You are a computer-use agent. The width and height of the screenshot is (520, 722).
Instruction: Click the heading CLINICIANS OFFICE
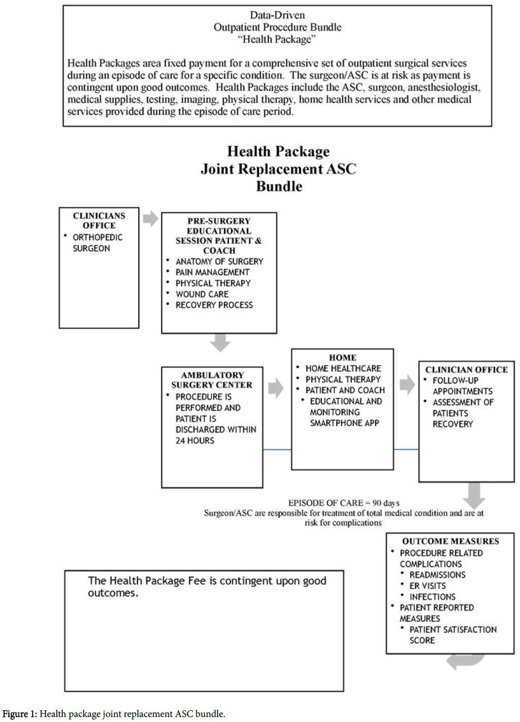(x=99, y=220)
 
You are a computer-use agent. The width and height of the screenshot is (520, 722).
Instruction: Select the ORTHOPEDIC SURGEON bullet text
(x=97, y=243)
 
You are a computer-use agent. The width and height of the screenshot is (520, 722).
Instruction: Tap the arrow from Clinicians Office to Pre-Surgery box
(x=150, y=218)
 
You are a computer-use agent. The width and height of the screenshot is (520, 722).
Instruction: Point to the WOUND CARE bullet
(x=202, y=294)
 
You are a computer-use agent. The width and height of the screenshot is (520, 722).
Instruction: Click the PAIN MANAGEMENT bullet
(x=212, y=272)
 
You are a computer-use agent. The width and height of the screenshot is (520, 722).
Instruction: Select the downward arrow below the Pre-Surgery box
(x=220, y=343)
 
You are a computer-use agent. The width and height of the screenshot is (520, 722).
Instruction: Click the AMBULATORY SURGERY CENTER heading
(x=212, y=380)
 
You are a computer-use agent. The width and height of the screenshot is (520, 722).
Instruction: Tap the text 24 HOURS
(x=194, y=441)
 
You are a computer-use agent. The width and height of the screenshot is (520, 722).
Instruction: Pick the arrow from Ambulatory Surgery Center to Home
(x=276, y=388)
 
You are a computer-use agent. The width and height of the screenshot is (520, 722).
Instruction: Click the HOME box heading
(x=343, y=357)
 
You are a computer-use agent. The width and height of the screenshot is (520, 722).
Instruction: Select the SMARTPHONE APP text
(x=344, y=423)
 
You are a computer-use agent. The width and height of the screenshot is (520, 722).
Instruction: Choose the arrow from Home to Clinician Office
(x=407, y=385)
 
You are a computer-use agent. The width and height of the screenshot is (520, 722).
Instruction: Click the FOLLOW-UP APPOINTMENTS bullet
(x=462, y=386)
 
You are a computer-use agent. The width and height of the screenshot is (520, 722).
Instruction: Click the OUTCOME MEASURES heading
(x=450, y=541)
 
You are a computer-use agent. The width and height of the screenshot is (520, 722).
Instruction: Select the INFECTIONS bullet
(x=432, y=597)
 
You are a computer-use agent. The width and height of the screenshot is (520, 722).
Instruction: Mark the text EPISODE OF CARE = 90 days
(x=344, y=503)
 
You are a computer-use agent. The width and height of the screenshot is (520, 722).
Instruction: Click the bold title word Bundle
(x=279, y=186)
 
